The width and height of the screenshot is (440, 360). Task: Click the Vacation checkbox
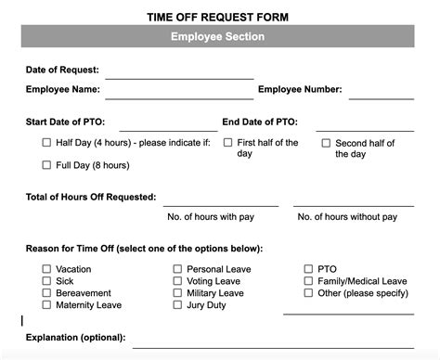[x=46, y=269]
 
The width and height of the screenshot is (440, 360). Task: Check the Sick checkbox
[x=46, y=281]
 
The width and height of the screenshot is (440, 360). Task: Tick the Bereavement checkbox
[x=46, y=293]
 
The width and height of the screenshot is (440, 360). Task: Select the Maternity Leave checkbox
[x=46, y=305]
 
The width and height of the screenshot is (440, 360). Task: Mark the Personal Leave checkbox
[x=177, y=269]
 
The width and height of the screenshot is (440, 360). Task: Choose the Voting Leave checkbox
[x=177, y=281]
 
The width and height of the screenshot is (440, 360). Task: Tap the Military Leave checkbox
[x=177, y=293]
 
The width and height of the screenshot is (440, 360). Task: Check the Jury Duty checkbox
[x=177, y=305]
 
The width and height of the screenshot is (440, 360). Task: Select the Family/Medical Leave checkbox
[x=308, y=281]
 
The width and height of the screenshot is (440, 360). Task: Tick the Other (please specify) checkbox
[x=308, y=293]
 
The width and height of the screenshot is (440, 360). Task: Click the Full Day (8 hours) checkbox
[x=46, y=165]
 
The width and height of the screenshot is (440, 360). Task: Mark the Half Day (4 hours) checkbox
[x=46, y=143]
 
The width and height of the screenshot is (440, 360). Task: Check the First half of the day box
[x=228, y=143]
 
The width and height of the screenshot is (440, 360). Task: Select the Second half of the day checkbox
[x=327, y=144]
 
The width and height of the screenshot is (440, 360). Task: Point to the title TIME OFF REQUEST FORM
[x=218, y=17]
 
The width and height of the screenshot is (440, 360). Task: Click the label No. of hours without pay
[x=347, y=217]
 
